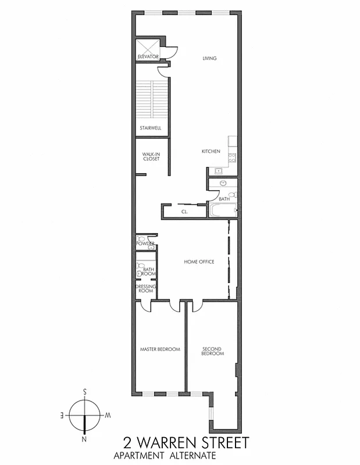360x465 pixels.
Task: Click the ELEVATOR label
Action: pyautogui.click(x=148, y=56)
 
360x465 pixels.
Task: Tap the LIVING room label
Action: pyautogui.click(x=209, y=58)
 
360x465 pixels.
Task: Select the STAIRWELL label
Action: pyautogui.click(x=150, y=128)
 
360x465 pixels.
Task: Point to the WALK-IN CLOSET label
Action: pyautogui.click(x=151, y=157)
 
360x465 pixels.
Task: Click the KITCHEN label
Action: pyautogui.click(x=211, y=151)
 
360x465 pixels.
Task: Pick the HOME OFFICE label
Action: pyautogui.click(x=199, y=262)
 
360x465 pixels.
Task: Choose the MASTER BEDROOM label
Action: pyautogui.click(x=160, y=349)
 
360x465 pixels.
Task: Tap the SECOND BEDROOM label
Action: pyautogui.click(x=212, y=351)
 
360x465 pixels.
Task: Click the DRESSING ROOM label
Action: pyautogui.click(x=144, y=289)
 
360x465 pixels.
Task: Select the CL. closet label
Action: pyautogui.click(x=184, y=212)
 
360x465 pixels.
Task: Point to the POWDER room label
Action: pyautogui.click(x=145, y=243)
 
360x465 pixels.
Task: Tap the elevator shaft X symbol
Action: pyautogui.click(x=148, y=45)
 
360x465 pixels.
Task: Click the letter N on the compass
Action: pyautogui.click(x=85, y=439)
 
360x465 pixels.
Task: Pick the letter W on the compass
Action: pyautogui.click(x=108, y=416)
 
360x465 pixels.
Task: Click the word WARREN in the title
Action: pyautogui.click(x=167, y=443)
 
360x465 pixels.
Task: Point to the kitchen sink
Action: pyautogui.click(x=219, y=171)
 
